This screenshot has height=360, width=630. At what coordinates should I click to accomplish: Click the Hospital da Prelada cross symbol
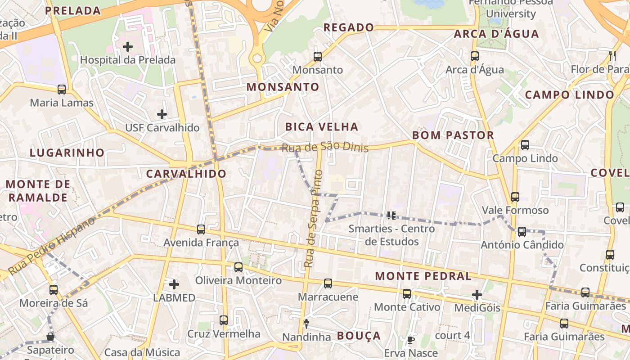[128, 46]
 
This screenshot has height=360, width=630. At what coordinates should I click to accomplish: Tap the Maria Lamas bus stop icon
[62, 90]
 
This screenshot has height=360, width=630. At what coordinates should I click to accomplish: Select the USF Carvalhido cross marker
[162, 114]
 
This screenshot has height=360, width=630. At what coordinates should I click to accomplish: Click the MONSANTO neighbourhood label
[283, 87]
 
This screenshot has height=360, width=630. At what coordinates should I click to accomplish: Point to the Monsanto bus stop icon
[318, 57]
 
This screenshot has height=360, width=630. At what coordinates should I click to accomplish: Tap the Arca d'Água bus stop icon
[475, 56]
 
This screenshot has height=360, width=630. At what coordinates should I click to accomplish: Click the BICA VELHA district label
[322, 127]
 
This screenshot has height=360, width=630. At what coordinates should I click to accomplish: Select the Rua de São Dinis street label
[325, 147]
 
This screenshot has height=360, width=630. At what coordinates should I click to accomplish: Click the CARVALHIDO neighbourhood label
[186, 174]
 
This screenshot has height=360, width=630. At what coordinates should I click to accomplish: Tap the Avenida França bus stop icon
[201, 229]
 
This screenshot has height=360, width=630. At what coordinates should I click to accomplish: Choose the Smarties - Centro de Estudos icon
[391, 216]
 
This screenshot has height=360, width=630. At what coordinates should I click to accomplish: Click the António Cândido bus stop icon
[522, 232]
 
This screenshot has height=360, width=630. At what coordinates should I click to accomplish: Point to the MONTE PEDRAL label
[423, 276]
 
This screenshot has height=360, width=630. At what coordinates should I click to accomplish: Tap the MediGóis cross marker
[477, 295]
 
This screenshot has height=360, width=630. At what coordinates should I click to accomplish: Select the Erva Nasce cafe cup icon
[410, 340]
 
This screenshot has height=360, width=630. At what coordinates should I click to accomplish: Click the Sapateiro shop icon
[50, 337]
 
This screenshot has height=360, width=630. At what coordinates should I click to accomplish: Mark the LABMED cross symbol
[174, 284]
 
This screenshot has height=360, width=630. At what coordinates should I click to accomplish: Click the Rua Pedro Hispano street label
[52, 245]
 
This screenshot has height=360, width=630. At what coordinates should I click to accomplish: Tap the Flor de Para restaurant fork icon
[612, 56]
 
